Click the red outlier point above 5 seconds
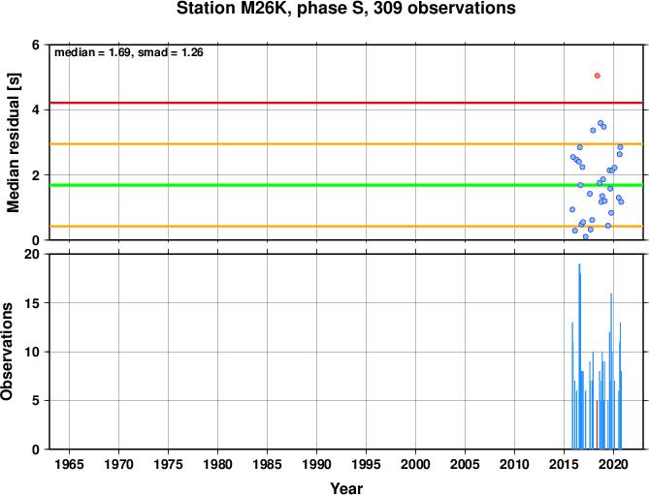597,76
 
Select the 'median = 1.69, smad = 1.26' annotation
129,52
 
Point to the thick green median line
346,185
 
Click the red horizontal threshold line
346,103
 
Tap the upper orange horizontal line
346,143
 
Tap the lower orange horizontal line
346,226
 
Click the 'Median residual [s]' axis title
14,142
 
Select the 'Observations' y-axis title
7,352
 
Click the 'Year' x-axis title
346,488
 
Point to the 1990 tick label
316,464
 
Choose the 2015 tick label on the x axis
565,464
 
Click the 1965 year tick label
69,464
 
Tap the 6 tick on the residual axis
36,45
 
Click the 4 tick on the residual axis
36,109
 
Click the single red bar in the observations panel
597,424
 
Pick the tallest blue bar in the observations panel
579,356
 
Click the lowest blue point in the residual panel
586,236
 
